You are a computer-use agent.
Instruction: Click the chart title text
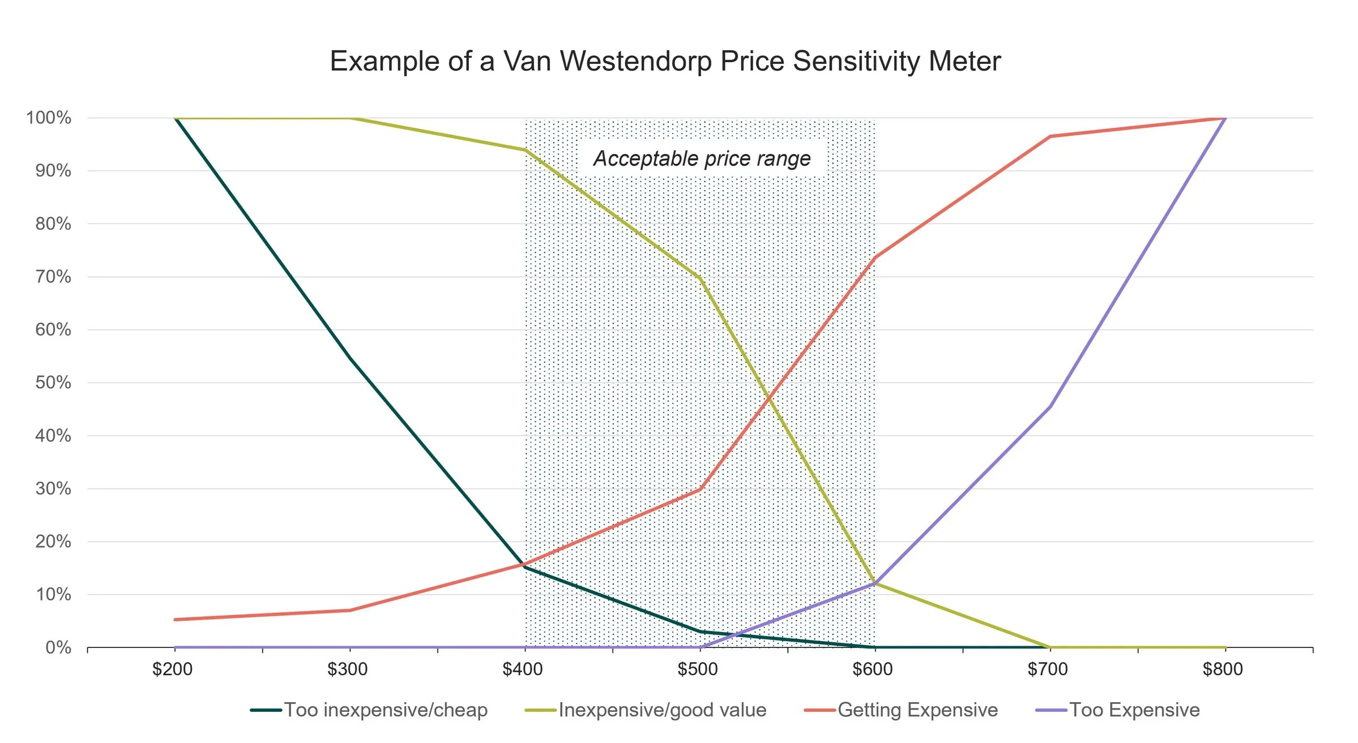coord(665,61)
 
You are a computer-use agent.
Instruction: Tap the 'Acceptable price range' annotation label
coord(702,158)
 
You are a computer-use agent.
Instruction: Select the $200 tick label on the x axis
coord(173,669)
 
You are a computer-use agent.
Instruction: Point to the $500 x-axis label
coord(698,669)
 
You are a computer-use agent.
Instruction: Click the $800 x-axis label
coord(1223,669)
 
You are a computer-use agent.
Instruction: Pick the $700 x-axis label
coord(1048,669)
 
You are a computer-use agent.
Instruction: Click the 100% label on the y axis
coord(49,118)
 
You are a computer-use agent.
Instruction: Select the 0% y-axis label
coord(58,647)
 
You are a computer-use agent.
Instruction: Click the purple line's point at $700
coord(1050,407)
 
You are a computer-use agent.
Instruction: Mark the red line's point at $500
coord(701,489)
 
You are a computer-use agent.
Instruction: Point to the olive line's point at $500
coord(701,277)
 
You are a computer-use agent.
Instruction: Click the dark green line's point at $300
coord(351,358)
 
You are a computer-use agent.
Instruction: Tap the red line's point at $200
coord(176,620)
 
